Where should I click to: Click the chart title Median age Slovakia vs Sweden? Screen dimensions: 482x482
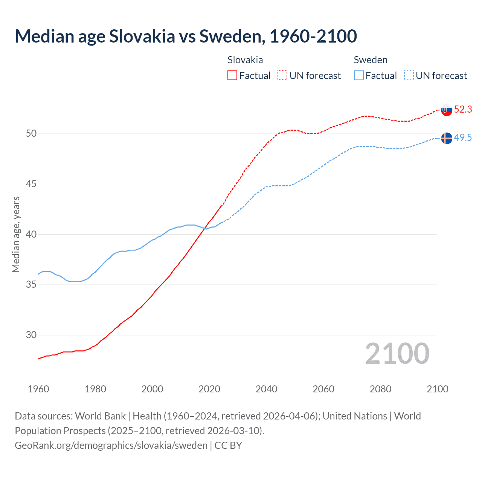[186, 36]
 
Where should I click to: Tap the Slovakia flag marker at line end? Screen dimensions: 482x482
[446, 110]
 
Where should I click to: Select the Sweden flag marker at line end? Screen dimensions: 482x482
[446, 138]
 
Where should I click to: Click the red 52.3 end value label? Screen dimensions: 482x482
[463, 109]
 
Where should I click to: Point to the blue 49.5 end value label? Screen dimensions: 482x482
[463, 137]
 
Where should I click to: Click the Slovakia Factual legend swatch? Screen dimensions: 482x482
[232, 76]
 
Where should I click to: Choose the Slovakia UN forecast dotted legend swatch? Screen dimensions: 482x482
[282, 76]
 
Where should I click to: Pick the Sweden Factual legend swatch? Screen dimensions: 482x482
[359, 76]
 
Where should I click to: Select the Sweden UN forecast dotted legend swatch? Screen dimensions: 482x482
[409, 76]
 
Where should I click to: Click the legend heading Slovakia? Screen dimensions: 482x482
[245, 60]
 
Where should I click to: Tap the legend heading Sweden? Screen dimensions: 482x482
[371, 60]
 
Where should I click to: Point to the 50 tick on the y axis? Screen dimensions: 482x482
[31, 134]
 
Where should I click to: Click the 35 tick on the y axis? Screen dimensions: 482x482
[31, 285]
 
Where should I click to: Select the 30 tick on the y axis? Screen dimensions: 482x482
[31, 335]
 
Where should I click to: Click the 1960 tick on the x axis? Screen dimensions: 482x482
[38, 389]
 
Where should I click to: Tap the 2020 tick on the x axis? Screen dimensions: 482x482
[209, 389]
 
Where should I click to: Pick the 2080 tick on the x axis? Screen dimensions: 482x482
[380, 389]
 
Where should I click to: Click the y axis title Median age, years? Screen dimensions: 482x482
[16, 234]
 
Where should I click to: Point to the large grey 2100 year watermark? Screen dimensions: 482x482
[397, 354]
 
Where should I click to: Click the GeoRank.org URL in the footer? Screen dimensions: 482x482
[111, 445]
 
